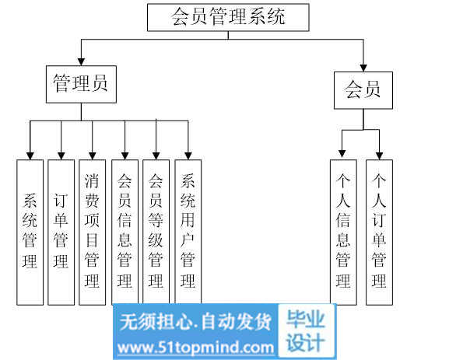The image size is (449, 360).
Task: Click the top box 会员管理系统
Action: (228, 17)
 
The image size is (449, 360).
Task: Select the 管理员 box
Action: (82, 85)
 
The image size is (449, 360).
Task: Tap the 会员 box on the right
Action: (363, 90)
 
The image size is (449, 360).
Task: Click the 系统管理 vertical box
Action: (30, 232)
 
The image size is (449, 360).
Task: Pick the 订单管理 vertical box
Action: (61, 232)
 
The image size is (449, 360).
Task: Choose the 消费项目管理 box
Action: (92, 232)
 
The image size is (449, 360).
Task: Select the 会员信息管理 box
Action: (125, 232)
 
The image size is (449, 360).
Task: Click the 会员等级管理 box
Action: (156, 232)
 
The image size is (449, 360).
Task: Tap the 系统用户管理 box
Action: (188, 232)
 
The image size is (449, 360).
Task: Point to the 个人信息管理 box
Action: (343, 232)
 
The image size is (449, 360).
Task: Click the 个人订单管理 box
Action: (380, 232)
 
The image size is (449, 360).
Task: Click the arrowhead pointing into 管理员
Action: (82, 61)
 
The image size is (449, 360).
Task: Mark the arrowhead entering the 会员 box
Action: (363, 68)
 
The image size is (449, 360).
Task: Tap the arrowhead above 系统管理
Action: (30, 156)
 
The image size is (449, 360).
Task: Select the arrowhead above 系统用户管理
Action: (188, 156)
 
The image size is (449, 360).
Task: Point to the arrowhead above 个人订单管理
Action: (380, 156)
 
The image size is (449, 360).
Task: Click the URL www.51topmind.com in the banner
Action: (196, 348)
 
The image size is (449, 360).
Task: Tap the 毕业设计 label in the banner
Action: (306, 331)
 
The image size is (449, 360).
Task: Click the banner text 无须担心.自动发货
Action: (195, 322)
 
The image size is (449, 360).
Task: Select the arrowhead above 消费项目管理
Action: (92, 156)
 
